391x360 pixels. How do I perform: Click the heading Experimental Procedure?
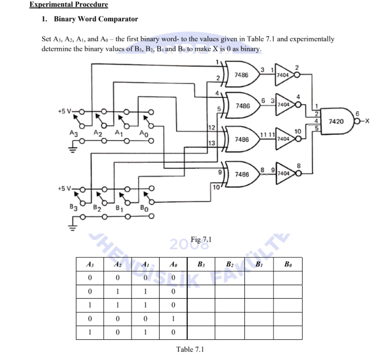(69, 5)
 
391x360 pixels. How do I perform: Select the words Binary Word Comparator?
(96, 19)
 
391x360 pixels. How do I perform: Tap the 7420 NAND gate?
(335, 122)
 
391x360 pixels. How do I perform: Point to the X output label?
(367, 122)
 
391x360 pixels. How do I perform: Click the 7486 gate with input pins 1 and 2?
(241, 75)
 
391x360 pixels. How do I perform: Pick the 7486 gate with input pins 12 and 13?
(241, 139)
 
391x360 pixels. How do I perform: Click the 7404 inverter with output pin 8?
(284, 172)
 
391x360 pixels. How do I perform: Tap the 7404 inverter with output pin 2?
(284, 74)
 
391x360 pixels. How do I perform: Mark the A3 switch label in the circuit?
(74, 134)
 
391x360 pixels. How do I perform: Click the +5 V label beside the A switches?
(66, 111)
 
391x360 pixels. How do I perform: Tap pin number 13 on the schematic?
(211, 143)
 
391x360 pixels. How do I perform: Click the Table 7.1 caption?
(190, 349)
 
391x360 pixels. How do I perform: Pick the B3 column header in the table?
(201, 264)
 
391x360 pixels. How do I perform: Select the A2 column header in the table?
(117, 264)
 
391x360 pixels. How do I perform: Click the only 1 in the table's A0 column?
(173, 319)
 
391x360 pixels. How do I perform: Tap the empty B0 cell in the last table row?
(287, 333)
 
